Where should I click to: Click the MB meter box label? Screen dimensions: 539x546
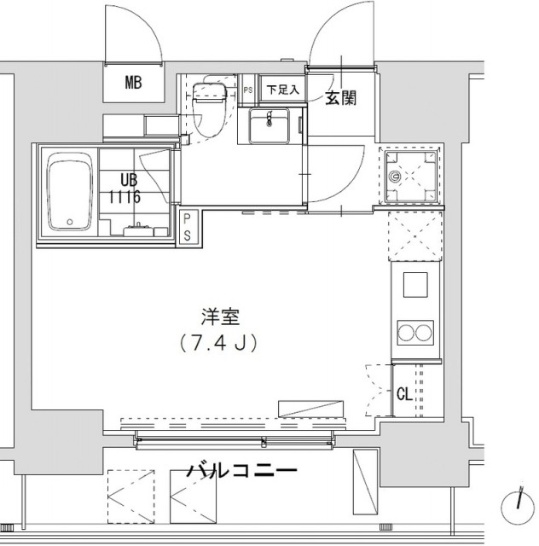(x=133, y=83)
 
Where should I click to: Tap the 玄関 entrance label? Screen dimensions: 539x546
(x=341, y=98)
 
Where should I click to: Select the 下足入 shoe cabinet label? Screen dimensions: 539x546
(x=283, y=90)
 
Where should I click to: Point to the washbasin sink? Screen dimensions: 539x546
(x=269, y=125)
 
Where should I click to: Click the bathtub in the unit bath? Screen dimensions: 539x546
(x=70, y=191)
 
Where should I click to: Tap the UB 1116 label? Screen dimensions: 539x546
(x=125, y=189)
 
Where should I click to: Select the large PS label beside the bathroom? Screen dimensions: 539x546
(x=187, y=228)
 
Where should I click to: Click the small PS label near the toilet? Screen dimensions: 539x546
(x=248, y=90)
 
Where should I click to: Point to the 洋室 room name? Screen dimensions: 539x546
(x=220, y=317)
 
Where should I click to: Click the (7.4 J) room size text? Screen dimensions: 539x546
(x=218, y=343)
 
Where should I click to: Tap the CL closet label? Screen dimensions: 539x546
(x=404, y=394)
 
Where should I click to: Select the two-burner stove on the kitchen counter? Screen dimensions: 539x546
(x=415, y=333)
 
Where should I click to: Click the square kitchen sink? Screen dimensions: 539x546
(x=415, y=285)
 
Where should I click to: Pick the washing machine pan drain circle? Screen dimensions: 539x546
(x=395, y=176)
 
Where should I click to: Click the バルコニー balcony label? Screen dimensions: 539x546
(x=242, y=470)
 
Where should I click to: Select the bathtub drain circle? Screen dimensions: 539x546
(x=70, y=222)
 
